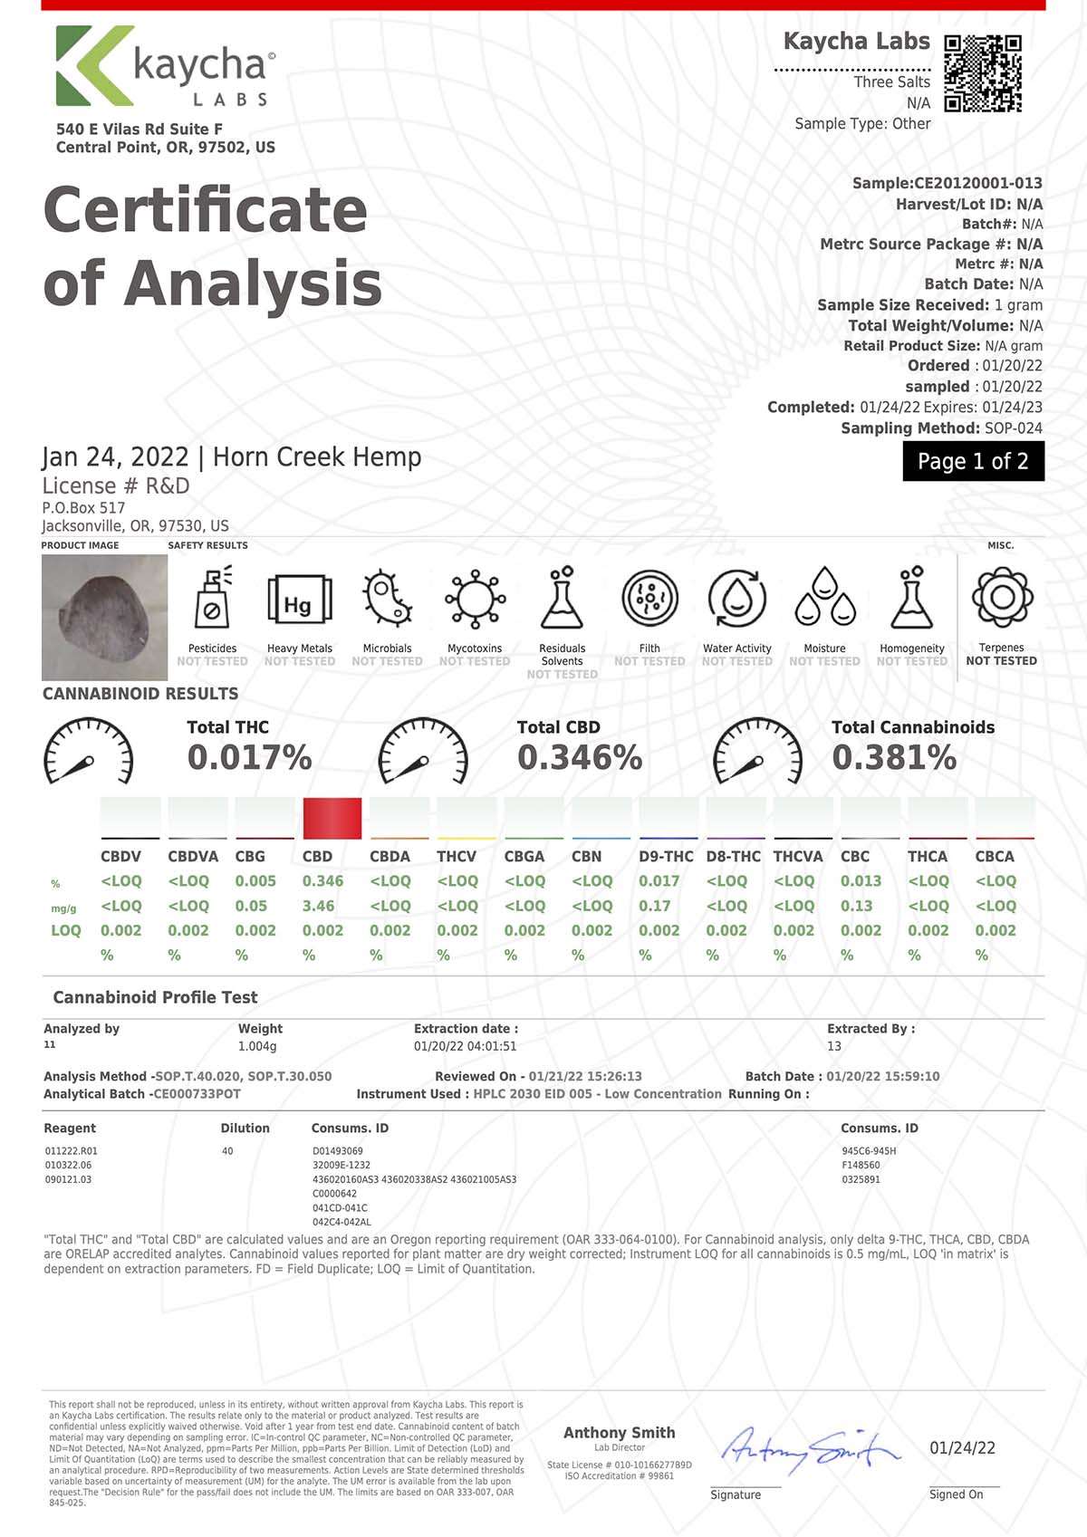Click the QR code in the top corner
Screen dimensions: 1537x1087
(x=983, y=73)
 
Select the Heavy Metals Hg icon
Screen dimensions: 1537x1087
(x=299, y=600)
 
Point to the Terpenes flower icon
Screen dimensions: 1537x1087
(x=1002, y=598)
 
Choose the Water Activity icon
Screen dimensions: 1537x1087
(x=736, y=599)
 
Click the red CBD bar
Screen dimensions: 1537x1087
(x=332, y=818)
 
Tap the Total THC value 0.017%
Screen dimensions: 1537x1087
(x=249, y=757)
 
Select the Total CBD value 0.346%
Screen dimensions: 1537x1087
(x=580, y=757)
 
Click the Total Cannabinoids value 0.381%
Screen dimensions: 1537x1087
(x=894, y=757)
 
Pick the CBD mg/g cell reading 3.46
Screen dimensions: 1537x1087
(x=319, y=906)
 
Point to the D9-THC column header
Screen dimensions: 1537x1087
(x=666, y=856)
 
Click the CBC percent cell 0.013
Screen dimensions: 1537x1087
(x=861, y=880)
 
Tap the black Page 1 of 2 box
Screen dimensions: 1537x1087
(x=973, y=461)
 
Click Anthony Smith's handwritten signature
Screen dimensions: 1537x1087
(x=811, y=1449)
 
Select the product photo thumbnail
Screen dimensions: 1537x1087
(x=104, y=617)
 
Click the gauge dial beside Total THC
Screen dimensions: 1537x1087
(x=89, y=753)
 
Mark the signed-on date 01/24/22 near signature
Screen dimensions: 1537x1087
(x=962, y=1448)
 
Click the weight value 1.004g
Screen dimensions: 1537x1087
(x=257, y=1046)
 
